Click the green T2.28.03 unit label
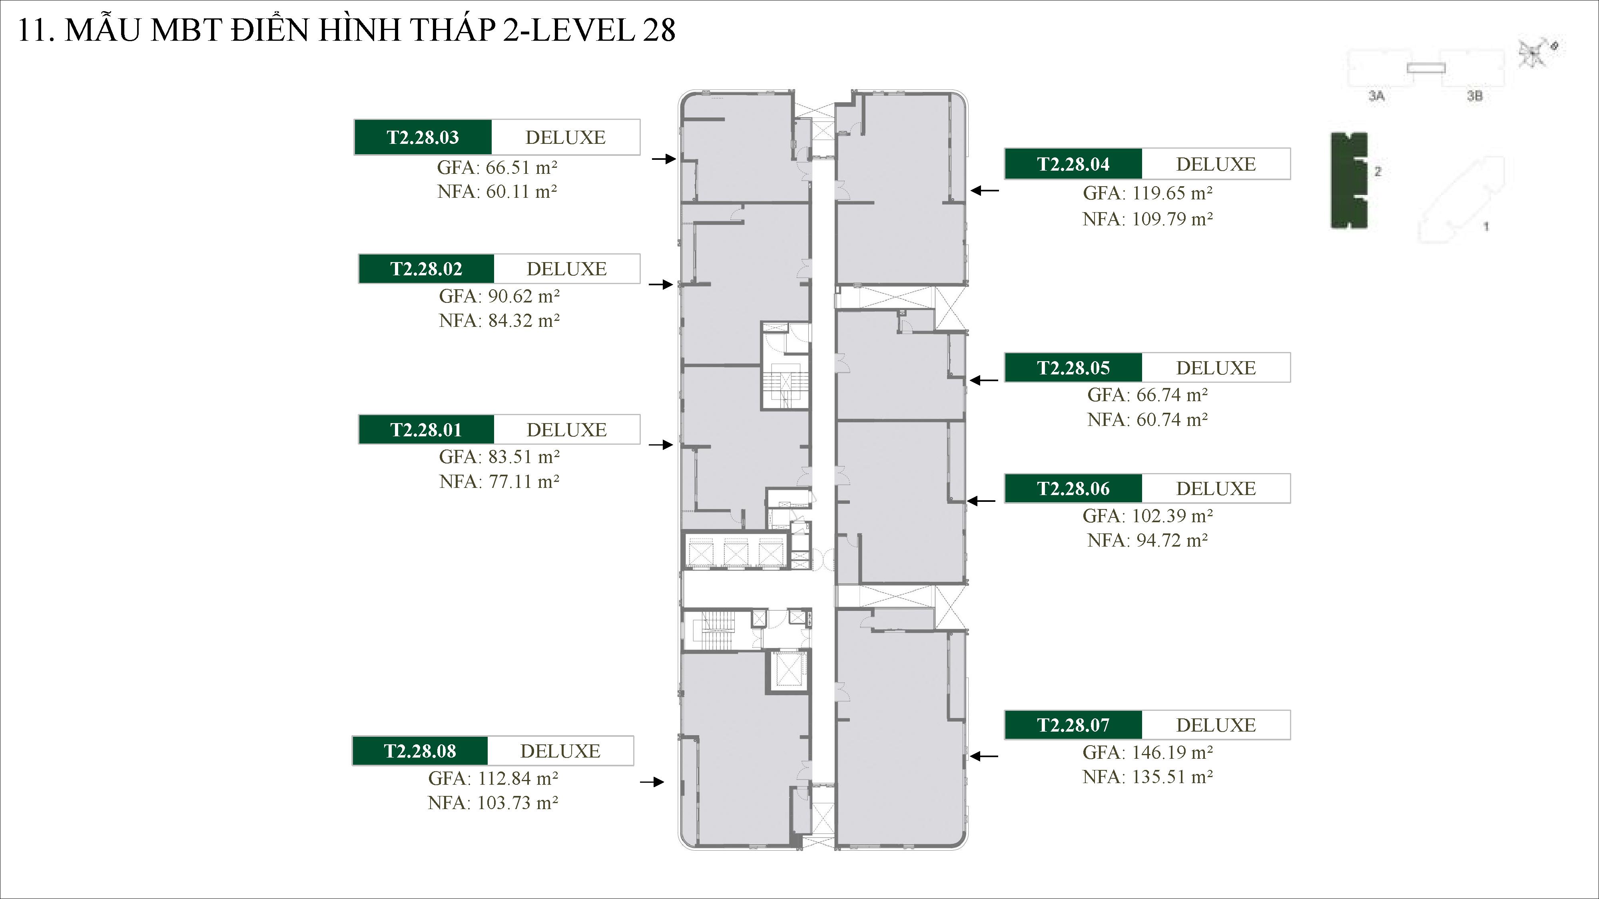(x=423, y=137)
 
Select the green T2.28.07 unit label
(x=1073, y=725)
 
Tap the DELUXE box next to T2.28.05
(x=1215, y=368)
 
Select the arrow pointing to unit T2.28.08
(x=652, y=782)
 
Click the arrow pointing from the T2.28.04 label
(x=985, y=191)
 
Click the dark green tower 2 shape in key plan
(x=1348, y=180)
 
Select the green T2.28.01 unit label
(x=426, y=430)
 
